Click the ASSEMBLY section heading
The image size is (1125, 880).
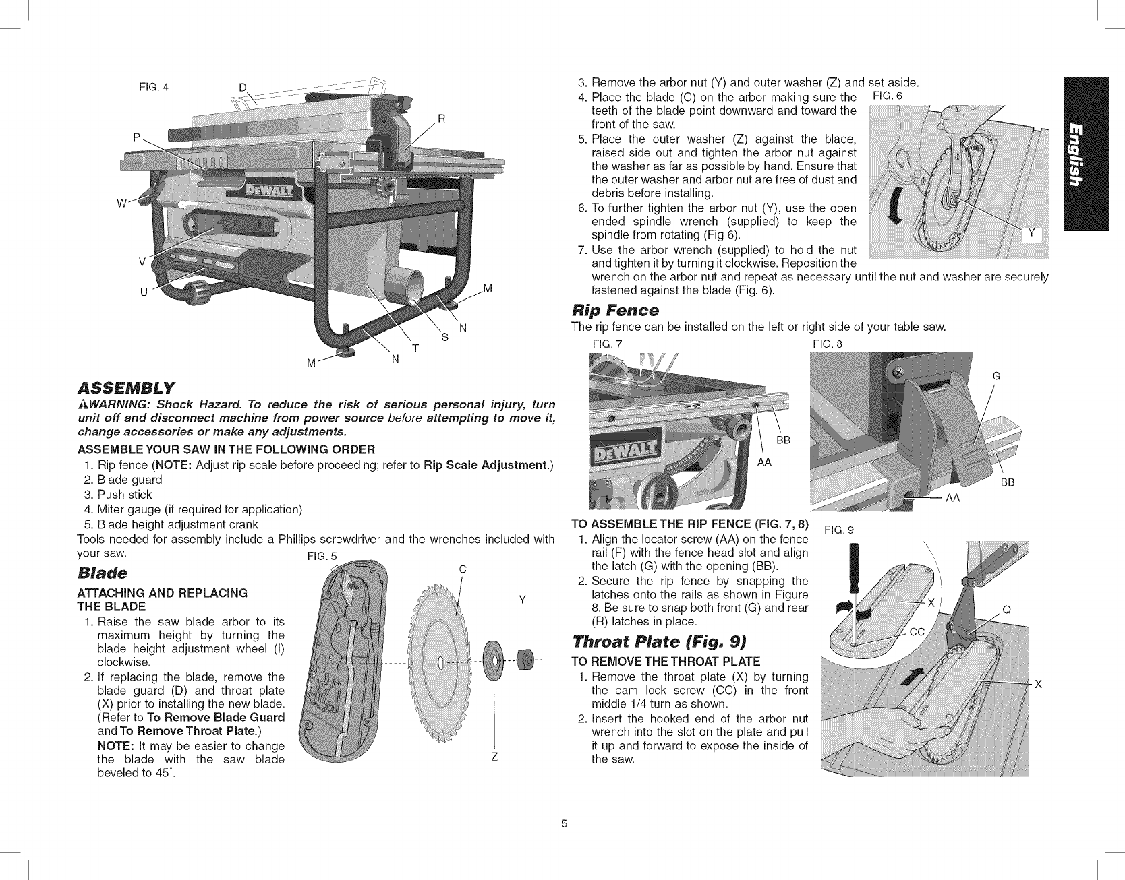point(127,387)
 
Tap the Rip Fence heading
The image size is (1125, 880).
point(614,310)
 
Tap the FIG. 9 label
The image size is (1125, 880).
point(840,530)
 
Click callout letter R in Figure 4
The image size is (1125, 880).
point(442,119)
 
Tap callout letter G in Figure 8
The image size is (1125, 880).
point(996,376)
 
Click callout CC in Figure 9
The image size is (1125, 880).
point(917,631)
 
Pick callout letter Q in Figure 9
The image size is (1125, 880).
point(1006,610)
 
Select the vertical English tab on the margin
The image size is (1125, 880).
point(1085,154)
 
